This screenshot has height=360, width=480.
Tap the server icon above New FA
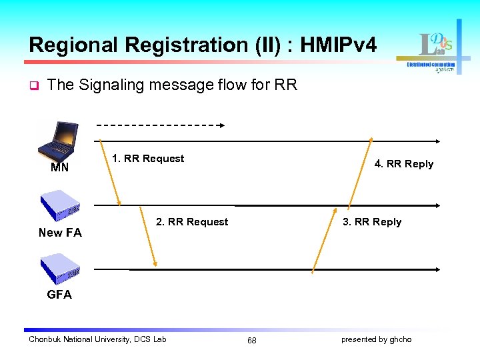click(60, 206)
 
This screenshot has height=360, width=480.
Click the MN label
click(59, 168)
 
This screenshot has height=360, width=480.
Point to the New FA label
click(60, 233)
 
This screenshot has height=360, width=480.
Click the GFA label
click(59, 295)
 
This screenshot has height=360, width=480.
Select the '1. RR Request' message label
click(148, 159)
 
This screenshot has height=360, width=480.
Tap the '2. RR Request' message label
click(192, 222)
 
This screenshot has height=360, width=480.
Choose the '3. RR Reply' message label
click(372, 222)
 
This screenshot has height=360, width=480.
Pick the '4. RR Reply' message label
click(404, 164)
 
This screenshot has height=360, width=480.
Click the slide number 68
click(252, 340)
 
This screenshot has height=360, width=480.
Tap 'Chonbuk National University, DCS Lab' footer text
click(97, 339)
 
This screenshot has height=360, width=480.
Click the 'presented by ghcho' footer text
click(377, 339)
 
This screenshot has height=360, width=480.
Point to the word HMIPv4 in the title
click(339, 45)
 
